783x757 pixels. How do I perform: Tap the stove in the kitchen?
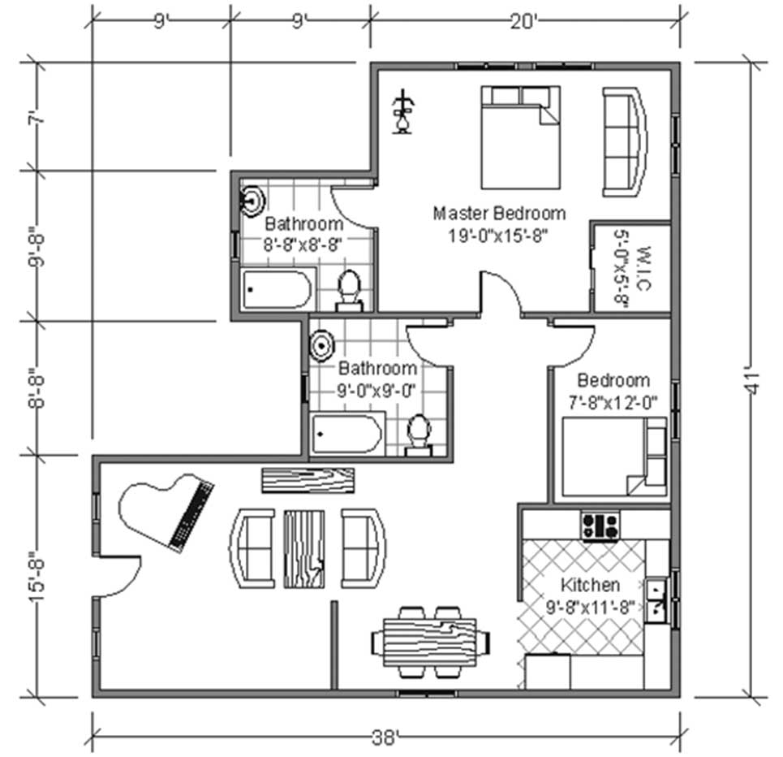[x=600, y=526]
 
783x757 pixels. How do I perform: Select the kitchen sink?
[x=656, y=600]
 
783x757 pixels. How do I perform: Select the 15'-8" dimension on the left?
[x=37, y=576]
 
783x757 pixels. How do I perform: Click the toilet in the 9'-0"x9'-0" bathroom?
[x=419, y=435]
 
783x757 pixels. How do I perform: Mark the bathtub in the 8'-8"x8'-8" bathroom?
[x=277, y=289]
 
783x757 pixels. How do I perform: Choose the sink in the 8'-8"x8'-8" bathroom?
[x=252, y=201]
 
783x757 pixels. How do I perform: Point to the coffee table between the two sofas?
[x=304, y=549]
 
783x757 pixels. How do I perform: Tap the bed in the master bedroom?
[x=520, y=137]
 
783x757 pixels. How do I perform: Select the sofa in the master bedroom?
[x=625, y=142]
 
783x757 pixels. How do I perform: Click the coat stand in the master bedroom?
[x=403, y=112]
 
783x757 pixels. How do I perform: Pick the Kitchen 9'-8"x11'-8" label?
[x=590, y=596]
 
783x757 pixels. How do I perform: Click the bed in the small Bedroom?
[x=614, y=456]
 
